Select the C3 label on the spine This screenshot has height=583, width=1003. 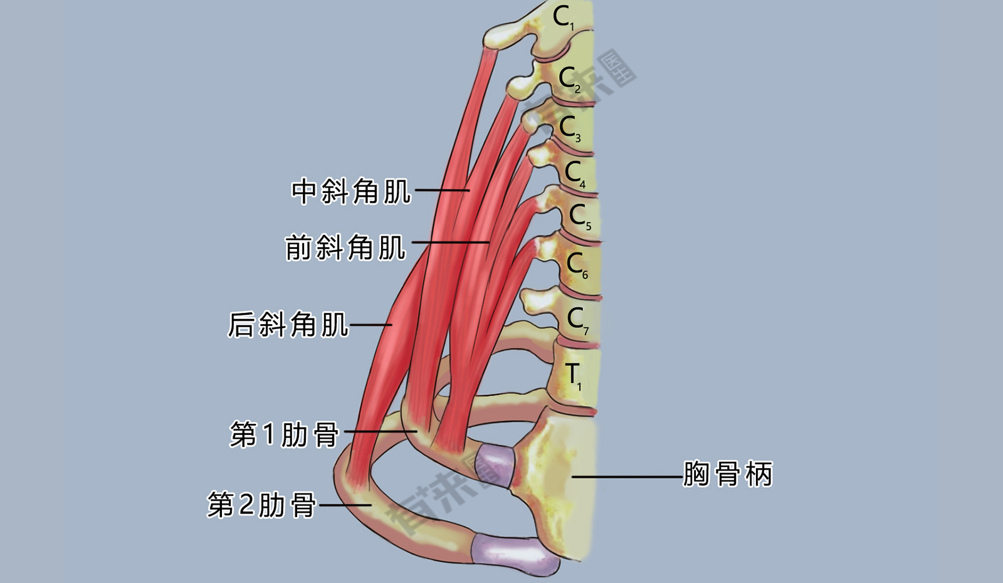click(570, 129)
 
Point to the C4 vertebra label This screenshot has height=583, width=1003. click(575, 175)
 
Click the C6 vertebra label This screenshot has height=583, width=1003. click(577, 266)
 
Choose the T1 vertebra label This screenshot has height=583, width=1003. click(574, 377)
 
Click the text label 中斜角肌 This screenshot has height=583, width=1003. click(351, 192)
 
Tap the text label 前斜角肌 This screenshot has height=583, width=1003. click(345, 247)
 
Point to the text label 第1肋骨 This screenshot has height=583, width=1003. click(285, 434)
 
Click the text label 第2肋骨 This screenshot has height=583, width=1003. click(262, 505)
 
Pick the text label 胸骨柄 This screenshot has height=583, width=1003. click(728, 474)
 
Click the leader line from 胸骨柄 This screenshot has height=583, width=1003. click(628, 477)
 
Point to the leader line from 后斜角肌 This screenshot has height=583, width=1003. click(370, 325)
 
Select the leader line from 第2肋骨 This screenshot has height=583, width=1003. click(345, 505)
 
